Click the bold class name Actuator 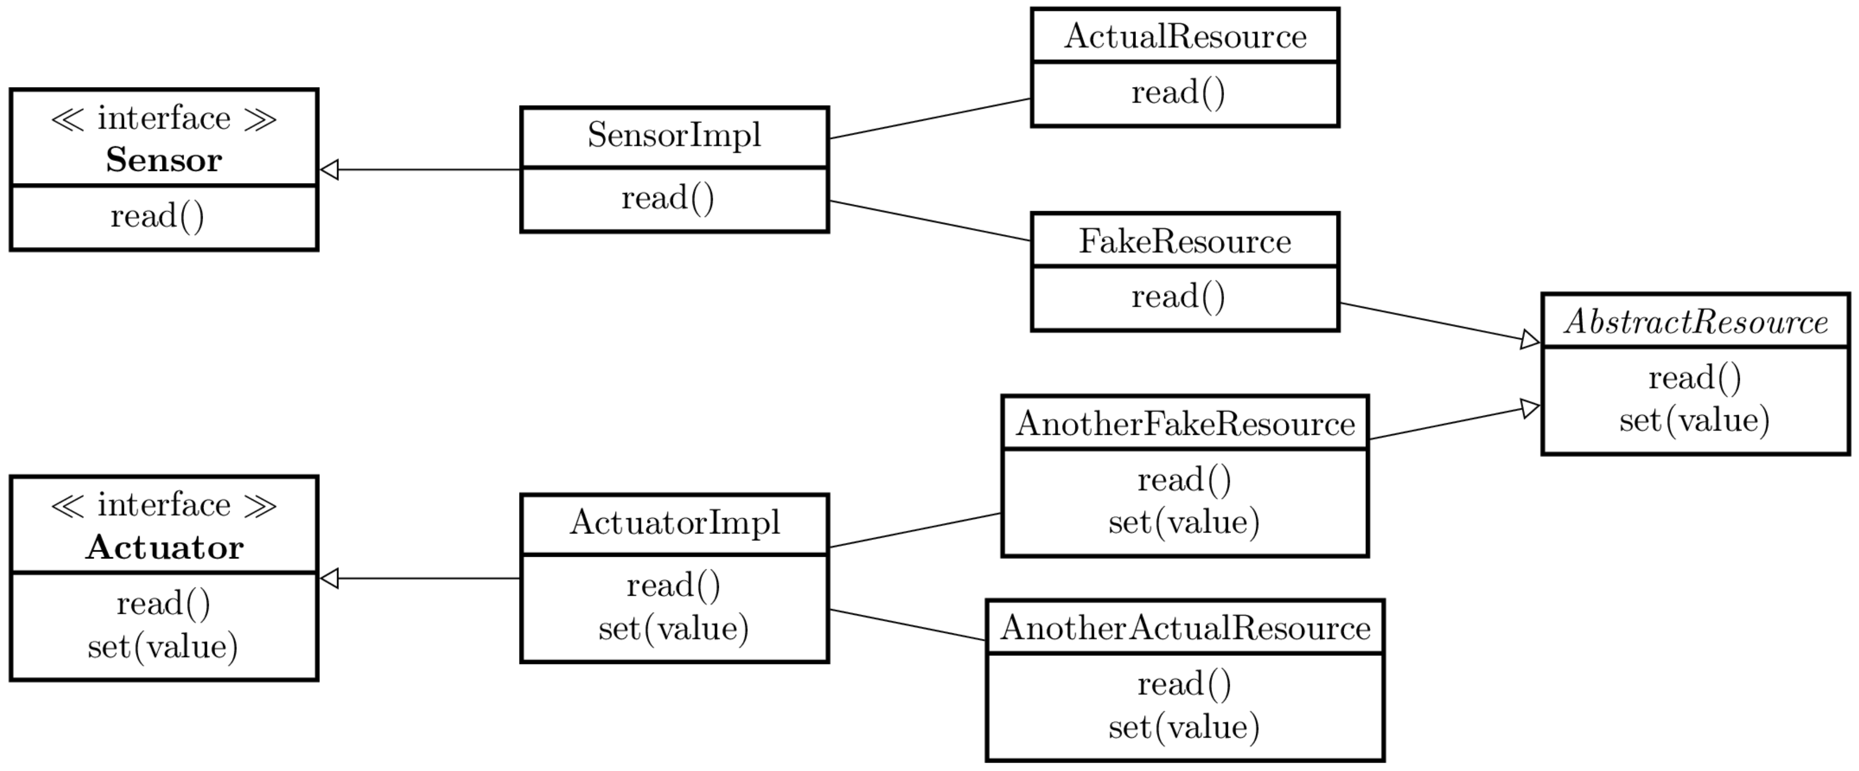[165, 547]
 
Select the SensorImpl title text [674, 136]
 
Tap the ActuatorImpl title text [674, 522]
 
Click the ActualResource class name [1185, 36]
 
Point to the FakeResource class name [1185, 241]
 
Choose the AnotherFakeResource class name [1185, 424]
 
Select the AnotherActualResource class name [1185, 628]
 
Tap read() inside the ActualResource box [1178, 93]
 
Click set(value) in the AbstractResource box [1694, 420]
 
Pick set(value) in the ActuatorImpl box [673, 628]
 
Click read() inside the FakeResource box [1178, 297]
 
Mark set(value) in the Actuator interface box [163, 646]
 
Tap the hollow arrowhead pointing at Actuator [329, 578]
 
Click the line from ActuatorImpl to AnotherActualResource [908, 625]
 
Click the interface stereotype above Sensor [164, 118]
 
